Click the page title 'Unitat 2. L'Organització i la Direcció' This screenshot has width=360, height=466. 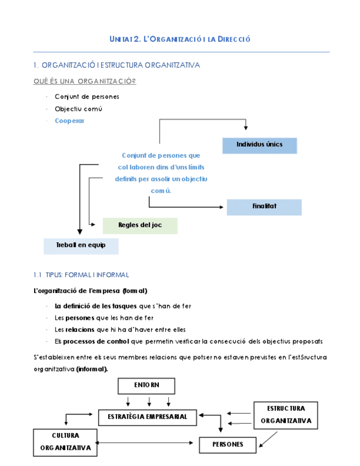tap(180, 39)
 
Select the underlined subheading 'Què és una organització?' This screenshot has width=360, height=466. tap(85, 81)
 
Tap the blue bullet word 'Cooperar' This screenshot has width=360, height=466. tap(70, 121)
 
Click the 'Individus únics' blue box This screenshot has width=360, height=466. tap(259, 146)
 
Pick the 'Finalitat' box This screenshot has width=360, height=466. tap(264, 207)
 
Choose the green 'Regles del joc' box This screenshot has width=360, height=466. tap(140, 226)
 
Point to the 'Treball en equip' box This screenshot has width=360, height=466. tap(81, 246)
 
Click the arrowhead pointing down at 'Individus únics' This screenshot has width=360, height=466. tap(246, 128)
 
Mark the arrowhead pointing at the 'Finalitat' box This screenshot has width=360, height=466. tap(221, 207)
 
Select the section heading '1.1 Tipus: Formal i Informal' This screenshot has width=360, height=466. tap(81, 275)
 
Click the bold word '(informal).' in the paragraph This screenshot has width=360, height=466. tap(92, 369)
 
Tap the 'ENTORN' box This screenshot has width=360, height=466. tap(146, 386)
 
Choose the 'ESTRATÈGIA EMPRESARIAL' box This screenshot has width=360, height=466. tap(147, 418)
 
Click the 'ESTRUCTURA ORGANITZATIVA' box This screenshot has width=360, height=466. tap(286, 415)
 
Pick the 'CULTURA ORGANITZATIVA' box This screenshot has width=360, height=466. tap(65, 442)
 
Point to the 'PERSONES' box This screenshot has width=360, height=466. tap(228, 445)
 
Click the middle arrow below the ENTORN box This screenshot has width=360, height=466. tap(149, 402)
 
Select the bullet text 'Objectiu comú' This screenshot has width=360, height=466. tap(79, 109)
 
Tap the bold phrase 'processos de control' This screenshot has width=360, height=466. tap(96, 341)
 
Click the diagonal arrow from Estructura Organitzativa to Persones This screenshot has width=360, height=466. tap(268, 439)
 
